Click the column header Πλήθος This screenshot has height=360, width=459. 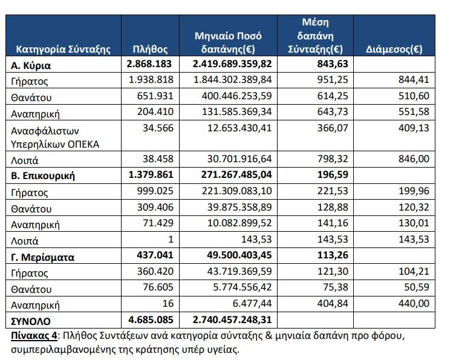tap(149, 50)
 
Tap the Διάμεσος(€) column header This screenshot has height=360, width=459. tap(394, 50)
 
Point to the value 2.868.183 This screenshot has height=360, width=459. tap(151, 64)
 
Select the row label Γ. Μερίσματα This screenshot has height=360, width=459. tap(43, 257)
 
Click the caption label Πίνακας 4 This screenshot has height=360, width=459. tap(33, 335)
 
